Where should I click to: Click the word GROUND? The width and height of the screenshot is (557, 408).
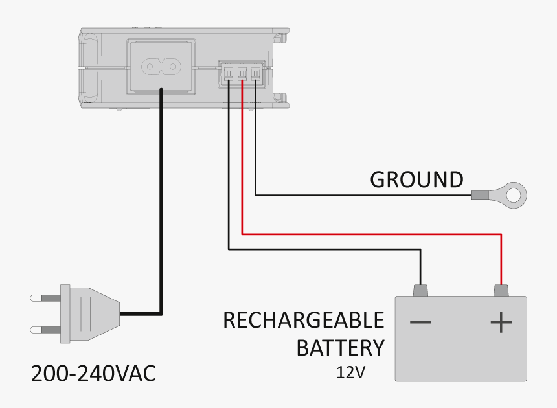(x=416, y=179)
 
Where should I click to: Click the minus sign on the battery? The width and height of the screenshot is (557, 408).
(x=420, y=323)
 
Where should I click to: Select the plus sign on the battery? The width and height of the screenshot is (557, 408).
(x=501, y=323)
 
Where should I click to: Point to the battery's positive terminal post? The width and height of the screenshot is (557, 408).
(x=500, y=290)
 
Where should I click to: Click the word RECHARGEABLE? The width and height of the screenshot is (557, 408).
(x=303, y=321)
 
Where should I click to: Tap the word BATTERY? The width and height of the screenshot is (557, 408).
(x=340, y=348)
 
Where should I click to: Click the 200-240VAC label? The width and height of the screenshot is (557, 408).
(x=94, y=374)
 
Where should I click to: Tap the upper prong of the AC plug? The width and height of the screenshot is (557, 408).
(x=45, y=298)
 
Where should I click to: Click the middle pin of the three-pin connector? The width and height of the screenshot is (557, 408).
(x=242, y=74)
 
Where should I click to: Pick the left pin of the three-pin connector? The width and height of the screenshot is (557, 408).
(x=229, y=74)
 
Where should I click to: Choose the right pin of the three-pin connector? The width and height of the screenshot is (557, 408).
(x=256, y=74)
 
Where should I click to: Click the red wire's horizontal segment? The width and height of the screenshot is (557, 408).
(x=369, y=233)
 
